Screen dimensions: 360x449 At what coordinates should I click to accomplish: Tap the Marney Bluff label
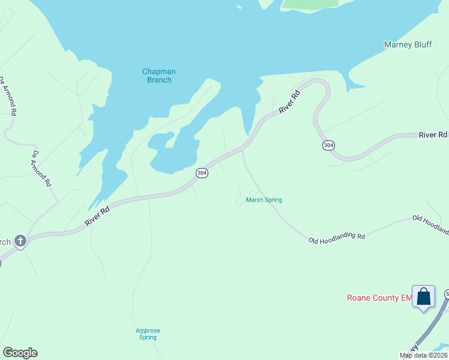pos(408,44)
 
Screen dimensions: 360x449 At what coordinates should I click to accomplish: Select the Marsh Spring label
pos(264,200)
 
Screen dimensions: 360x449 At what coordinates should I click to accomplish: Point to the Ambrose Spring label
pos(148,334)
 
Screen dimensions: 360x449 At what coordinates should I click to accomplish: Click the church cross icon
pos(20,242)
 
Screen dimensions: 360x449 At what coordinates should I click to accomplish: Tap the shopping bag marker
pos(423,296)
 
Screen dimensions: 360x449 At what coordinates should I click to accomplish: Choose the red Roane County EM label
pos(379,298)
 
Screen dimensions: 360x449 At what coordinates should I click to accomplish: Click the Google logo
pos(20,353)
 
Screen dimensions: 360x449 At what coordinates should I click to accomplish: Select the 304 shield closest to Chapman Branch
pos(202,173)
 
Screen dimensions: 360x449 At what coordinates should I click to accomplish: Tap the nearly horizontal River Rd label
pos(433,135)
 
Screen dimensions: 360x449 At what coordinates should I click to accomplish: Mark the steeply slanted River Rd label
pos(289,101)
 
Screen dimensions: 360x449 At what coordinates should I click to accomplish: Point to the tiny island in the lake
pos(239,7)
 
